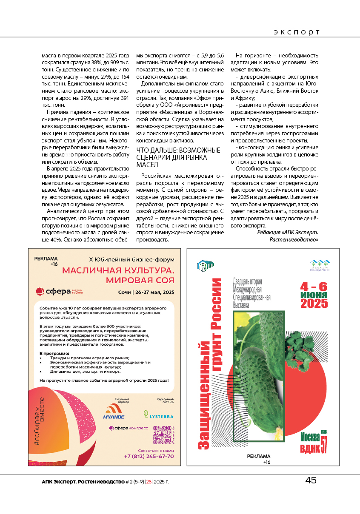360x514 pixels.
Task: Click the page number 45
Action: pyautogui.click(x=311, y=480)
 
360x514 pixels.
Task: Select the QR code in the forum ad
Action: pyautogui.click(x=162, y=434)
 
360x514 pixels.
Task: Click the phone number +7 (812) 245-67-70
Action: pyautogui.click(x=149, y=456)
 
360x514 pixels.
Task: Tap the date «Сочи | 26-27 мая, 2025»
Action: pyautogui.click(x=146, y=292)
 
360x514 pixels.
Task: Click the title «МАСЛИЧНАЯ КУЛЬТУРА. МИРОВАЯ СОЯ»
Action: pyautogui.click(x=118, y=275)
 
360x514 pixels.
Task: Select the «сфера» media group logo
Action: pyautogui.click(x=60, y=292)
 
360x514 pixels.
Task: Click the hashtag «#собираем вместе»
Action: pyautogui.click(x=39, y=421)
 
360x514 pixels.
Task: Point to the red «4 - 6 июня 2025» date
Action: pyautogui.click(x=314, y=295)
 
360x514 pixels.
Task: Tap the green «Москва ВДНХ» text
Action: pyautogui.click(x=314, y=442)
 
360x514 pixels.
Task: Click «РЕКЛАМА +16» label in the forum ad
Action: pyautogui.click(x=46, y=261)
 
